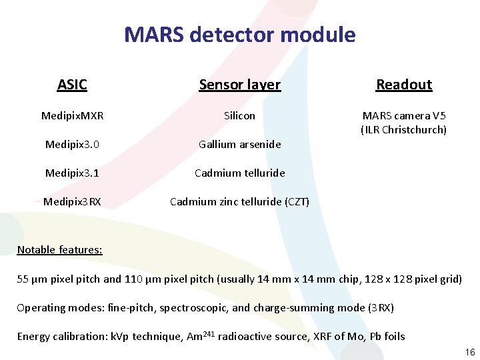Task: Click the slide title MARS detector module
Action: (240, 35)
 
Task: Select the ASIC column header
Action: (72, 85)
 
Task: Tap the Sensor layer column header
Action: (239, 85)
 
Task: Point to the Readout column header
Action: (404, 85)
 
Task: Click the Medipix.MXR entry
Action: (72, 116)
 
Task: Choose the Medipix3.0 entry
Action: (72, 145)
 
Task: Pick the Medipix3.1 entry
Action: (72, 173)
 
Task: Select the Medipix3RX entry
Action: (72, 201)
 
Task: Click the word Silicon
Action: (239, 116)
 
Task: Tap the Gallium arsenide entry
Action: (239, 145)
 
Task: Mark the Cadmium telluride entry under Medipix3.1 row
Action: (239, 173)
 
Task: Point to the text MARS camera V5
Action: (404, 116)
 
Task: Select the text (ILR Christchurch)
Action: (404, 130)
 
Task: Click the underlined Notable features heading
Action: (59, 250)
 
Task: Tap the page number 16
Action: (469, 352)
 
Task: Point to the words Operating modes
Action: (50, 308)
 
